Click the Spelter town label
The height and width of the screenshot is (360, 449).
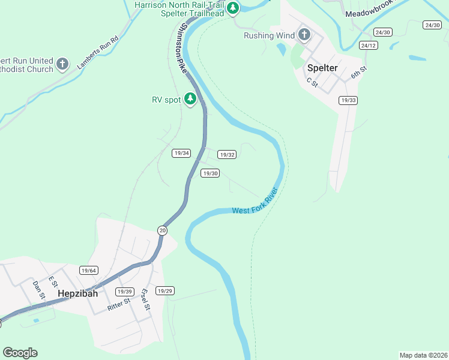(322, 68)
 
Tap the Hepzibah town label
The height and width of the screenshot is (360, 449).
(78, 294)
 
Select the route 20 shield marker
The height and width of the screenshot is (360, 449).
(162, 230)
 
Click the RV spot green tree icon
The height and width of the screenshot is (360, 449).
(190, 98)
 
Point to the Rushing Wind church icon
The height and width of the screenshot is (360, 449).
(304, 35)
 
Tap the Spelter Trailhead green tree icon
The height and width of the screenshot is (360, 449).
(233, 8)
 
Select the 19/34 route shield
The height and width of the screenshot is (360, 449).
(181, 153)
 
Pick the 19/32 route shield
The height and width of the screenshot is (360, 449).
(226, 154)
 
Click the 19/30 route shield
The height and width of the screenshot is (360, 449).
(209, 173)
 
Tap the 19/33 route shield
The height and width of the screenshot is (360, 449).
(348, 100)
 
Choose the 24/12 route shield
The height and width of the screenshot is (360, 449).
(368, 46)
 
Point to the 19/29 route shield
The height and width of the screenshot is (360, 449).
(164, 291)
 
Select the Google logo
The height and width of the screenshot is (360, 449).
(20, 353)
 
